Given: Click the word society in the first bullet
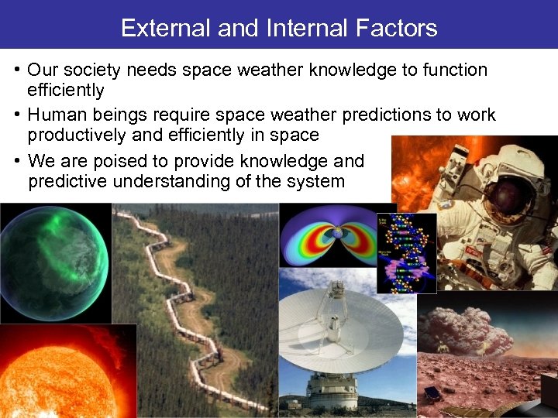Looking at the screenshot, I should [x=93, y=70].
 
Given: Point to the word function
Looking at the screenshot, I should [x=455, y=70].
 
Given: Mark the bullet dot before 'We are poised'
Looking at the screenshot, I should [x=16, y=162].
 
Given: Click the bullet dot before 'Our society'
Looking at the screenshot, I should [x=16, y=70].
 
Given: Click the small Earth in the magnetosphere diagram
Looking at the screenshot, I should [x=337, y=233].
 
